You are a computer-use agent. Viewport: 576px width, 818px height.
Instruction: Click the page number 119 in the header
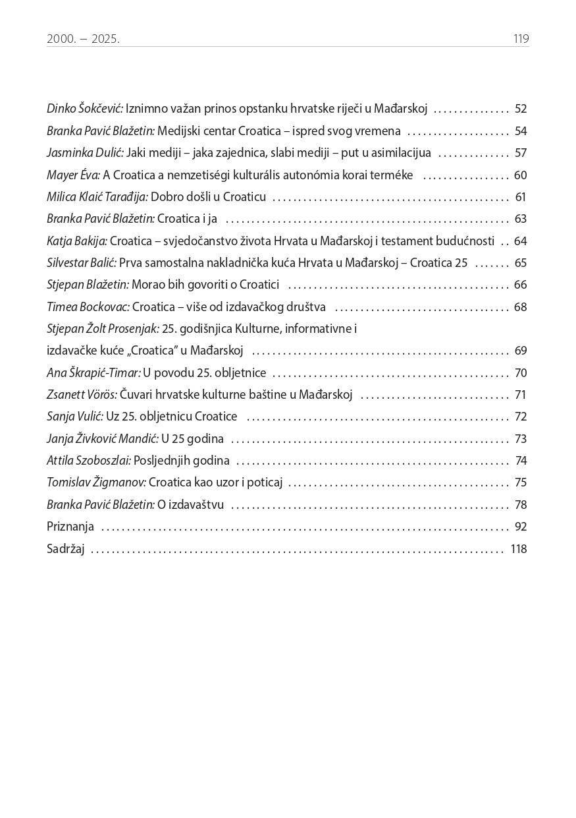point(521,39)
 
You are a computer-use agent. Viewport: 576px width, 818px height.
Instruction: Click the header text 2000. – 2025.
point(83,39)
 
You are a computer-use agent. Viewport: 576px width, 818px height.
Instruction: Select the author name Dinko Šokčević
point(85,109)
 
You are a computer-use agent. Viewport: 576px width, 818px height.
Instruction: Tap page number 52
point(521,109)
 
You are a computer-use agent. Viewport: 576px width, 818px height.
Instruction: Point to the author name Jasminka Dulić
point(85,153)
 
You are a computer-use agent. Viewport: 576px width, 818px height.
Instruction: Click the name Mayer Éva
point(73,175)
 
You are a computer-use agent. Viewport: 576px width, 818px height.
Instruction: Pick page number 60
point(521,175)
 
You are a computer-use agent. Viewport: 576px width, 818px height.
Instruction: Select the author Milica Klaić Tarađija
point(97,197)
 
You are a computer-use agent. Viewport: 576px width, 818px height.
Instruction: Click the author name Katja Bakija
point(77,241)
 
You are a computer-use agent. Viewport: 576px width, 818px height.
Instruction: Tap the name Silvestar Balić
point(82,263)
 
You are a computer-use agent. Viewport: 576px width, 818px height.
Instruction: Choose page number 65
point(521,263)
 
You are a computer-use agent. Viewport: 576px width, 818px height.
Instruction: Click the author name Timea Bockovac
point(88,307)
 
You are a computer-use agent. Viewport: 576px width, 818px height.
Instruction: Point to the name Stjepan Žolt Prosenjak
point(103,329)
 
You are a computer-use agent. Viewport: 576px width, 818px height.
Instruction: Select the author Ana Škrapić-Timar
point(93,373)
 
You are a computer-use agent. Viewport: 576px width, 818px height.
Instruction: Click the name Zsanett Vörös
point(82,395)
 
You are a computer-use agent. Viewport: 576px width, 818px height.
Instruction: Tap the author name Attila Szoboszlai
point(89,461)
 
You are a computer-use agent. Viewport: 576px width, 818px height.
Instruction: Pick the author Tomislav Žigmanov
point(96,482)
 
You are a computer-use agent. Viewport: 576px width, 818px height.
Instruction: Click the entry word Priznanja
point(70,527)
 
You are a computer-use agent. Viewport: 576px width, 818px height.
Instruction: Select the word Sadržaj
point(66,549)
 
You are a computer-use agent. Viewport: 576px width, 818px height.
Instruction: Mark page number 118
point(519,549)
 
